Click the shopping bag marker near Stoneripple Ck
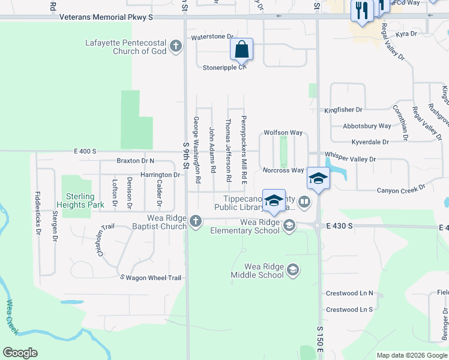241,50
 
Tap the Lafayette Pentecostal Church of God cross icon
176,46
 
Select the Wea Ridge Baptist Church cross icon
195,222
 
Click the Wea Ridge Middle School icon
292,270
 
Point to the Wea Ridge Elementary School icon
289,226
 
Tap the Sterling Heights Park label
80,200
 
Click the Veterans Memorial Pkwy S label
106,17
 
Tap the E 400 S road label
85,152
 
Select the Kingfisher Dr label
343,110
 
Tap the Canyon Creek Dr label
400,190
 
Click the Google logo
20,353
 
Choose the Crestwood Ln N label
349,293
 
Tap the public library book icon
304,202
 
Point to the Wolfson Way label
283,133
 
